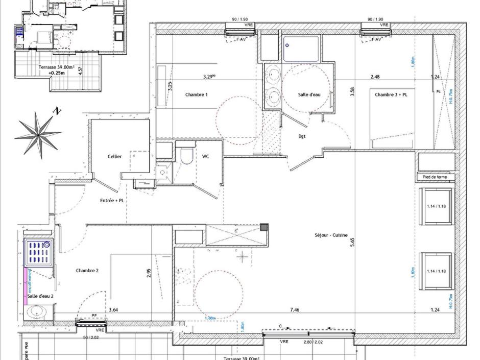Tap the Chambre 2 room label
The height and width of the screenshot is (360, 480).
[x=87, y=270]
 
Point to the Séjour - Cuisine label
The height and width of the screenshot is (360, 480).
[x=330, y=235]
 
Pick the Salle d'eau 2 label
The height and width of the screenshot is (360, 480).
[x=40, y=296]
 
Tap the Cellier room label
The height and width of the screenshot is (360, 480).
[x=114, y=156]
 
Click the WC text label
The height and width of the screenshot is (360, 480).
[x=205, y=156]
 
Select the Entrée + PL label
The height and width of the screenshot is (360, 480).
[x=112, y=201]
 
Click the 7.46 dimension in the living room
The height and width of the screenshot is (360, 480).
[x=295, y=309]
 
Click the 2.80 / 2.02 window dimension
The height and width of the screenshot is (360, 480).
[x=313, y=342]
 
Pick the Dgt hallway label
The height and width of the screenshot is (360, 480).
[x=302, y=136]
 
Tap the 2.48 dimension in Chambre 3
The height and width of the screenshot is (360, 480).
[x=375, y=77]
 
